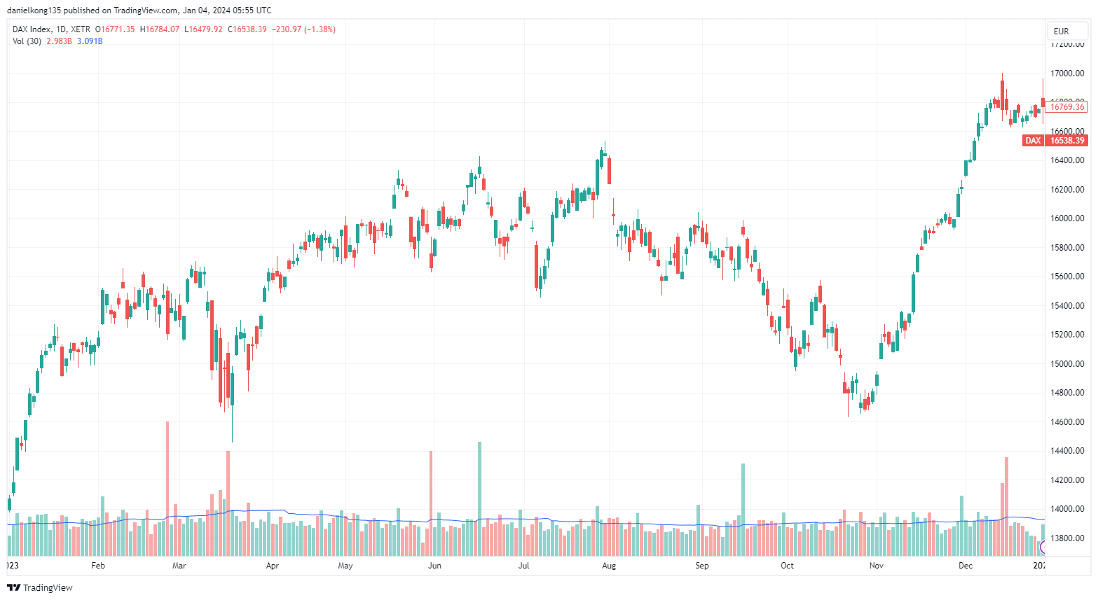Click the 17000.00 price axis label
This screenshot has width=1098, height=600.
tap(1066, 74)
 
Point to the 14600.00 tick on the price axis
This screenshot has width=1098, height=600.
tap(1066, 422)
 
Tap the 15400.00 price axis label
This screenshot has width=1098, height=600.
tap(1066, 306)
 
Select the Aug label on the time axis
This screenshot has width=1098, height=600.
tap(609, 566)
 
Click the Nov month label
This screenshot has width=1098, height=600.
tap(876, 566)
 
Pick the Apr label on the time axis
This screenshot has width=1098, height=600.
tap(273, 566)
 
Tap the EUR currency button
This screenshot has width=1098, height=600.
tap(1061, 31)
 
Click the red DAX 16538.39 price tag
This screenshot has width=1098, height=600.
tap(1055, 141)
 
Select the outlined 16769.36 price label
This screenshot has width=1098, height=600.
tap(1066, 107)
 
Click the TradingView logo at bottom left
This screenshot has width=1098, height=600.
tap(40, 587)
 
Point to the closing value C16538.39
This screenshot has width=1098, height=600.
tap(247, 29)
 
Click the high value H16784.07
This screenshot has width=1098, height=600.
tap(160, 29)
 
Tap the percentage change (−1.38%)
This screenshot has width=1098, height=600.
tap(320, 29)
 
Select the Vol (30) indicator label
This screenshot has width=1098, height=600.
tap(27, 41)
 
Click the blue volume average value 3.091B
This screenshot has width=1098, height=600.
tap(90, 41)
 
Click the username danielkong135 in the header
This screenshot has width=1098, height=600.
tap(34, 11)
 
